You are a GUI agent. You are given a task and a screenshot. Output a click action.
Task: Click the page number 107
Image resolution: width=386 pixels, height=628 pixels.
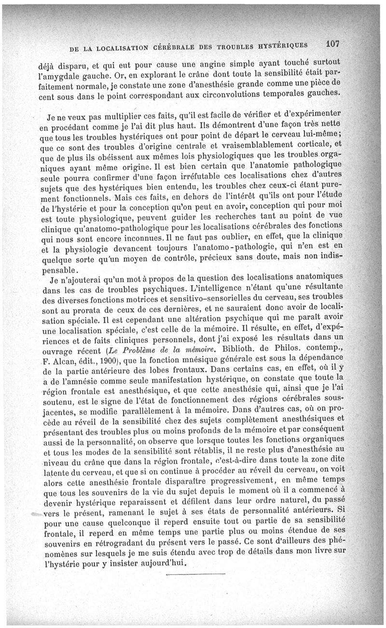coord(333,43)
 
